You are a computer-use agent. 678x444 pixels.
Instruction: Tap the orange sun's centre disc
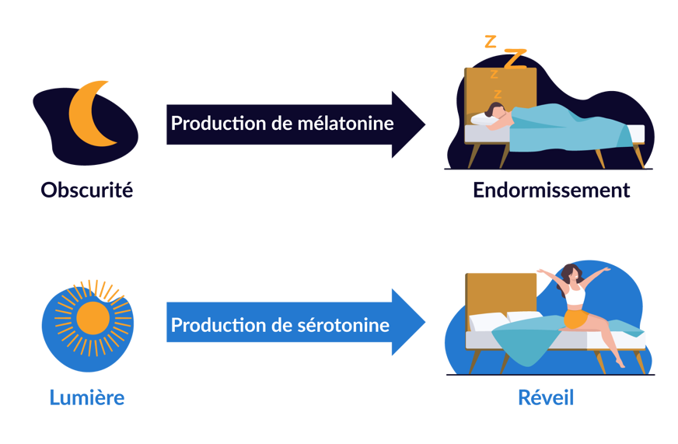click(93, 317)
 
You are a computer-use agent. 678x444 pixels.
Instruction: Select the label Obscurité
click(86, 189)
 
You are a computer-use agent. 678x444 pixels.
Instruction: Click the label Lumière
click(86, 397)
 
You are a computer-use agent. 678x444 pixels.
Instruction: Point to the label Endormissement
click(550, 190)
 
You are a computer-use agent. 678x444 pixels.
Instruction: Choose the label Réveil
click(546, 397)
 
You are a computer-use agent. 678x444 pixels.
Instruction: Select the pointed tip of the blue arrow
click(425, 323)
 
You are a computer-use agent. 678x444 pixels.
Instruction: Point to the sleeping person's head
click(495, 110)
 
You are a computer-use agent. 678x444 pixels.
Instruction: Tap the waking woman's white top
click(575, 295)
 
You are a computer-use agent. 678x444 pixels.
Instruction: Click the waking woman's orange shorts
click(575, 319)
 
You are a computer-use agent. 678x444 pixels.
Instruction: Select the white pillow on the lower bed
click(488, 320)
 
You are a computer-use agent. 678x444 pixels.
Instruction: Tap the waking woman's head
click(571, 271)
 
